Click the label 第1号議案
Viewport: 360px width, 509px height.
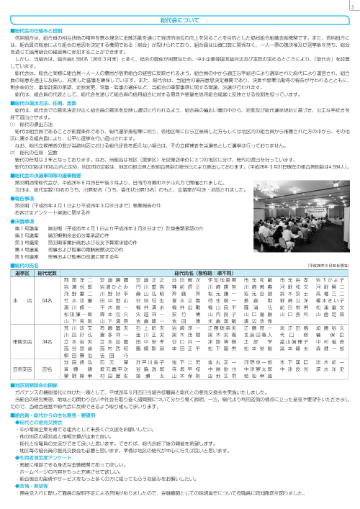pos(26,215)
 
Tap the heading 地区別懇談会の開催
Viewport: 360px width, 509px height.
pos(34,385)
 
